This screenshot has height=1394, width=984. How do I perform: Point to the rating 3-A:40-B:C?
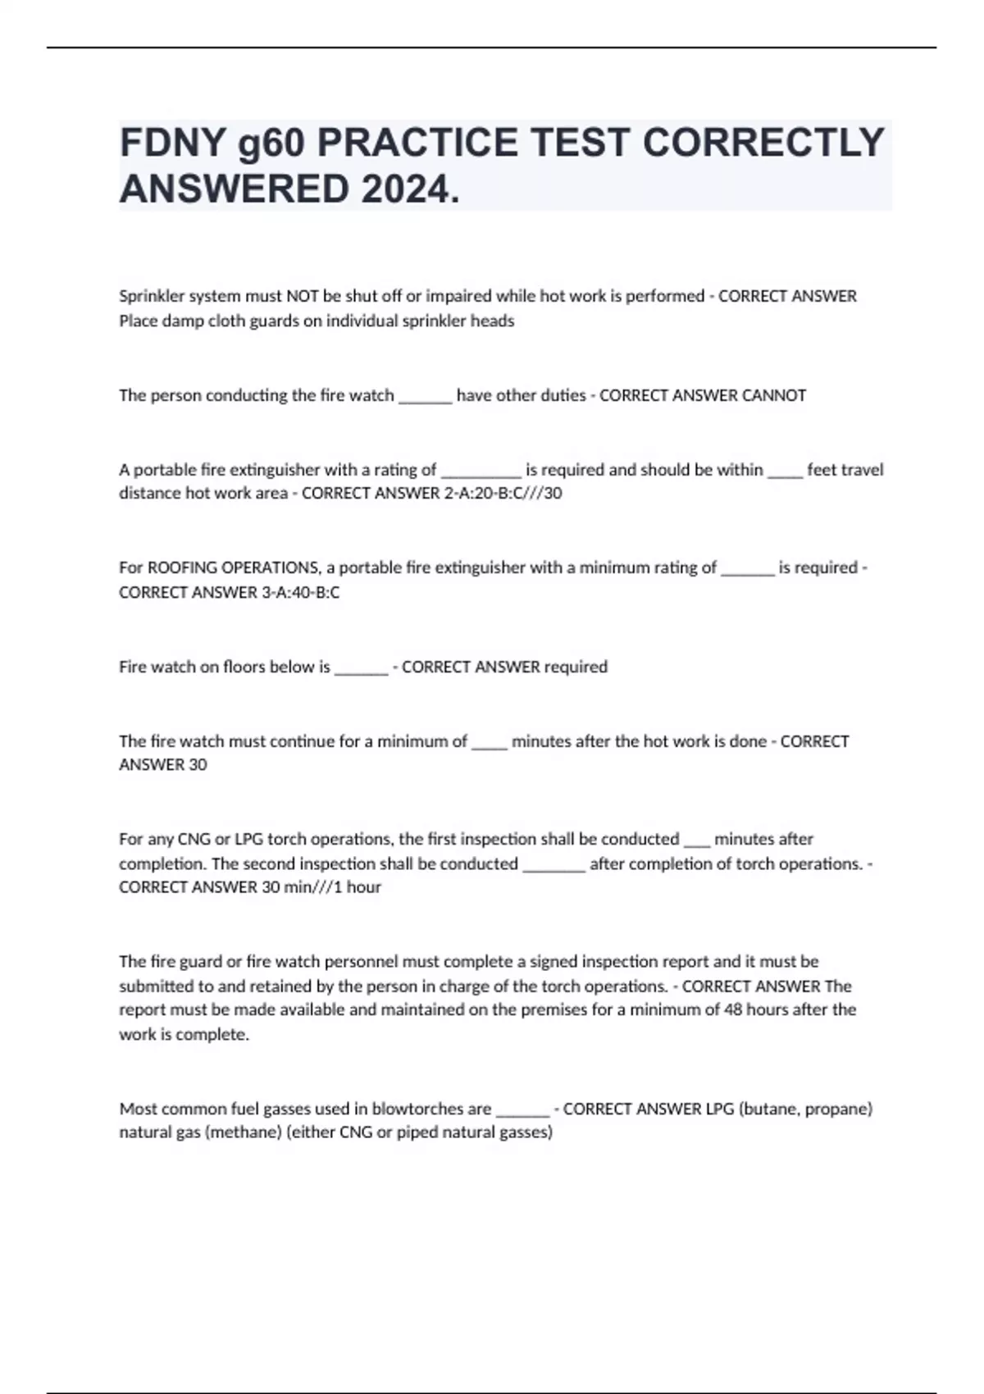click(x=300, y=592)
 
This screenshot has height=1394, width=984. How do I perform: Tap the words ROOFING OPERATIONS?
click(x=234, y=567)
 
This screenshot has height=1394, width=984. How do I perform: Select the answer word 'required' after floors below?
click(x=576, y=667)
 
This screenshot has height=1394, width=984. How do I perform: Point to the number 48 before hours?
click(x=733, y=1009)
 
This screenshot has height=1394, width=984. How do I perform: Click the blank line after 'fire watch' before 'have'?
click(x=425, y=399)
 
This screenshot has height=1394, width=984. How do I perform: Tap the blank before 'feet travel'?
click(x=785, y=473)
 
